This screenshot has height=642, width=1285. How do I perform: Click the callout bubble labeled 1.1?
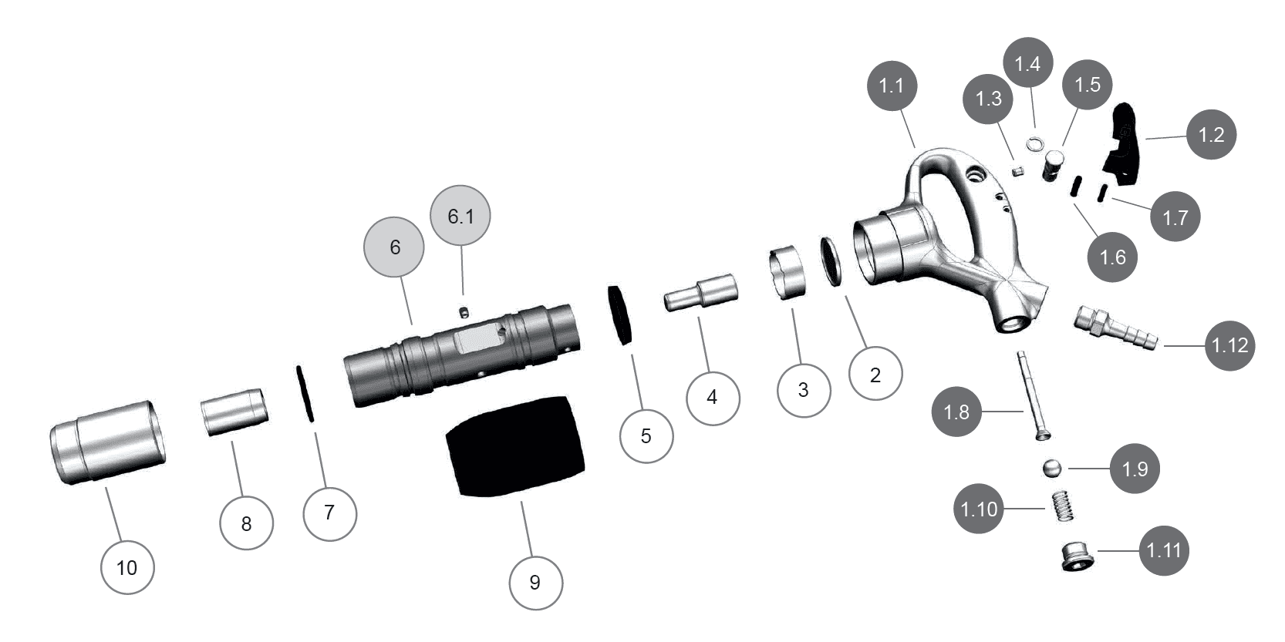[892, 86]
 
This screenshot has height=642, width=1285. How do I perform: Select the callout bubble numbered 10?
[126, 567]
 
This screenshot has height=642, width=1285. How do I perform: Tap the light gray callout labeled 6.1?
[460, 216]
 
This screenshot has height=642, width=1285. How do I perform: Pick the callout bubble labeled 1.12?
[1230, 345]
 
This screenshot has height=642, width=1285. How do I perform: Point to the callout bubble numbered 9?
[535, 583]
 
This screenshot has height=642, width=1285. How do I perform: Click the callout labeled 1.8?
[956, 412]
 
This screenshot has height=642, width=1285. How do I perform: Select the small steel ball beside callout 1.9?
[1051, 468]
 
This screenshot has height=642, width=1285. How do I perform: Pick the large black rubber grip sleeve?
[515, 446]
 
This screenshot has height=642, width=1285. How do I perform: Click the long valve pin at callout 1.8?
[1031, 395]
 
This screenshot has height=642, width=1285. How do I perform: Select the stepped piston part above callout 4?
[701, 292]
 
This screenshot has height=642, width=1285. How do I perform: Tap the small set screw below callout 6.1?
[464, 312]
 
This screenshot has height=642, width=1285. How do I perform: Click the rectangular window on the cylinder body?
[479, 338]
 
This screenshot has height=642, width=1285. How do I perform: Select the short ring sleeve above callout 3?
[788, 272]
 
